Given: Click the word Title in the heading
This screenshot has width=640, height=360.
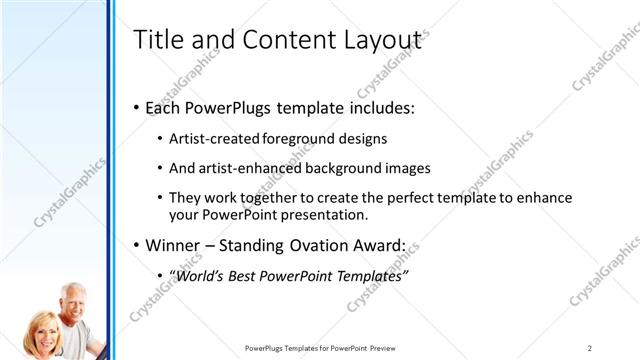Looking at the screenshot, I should click(157, 40).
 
